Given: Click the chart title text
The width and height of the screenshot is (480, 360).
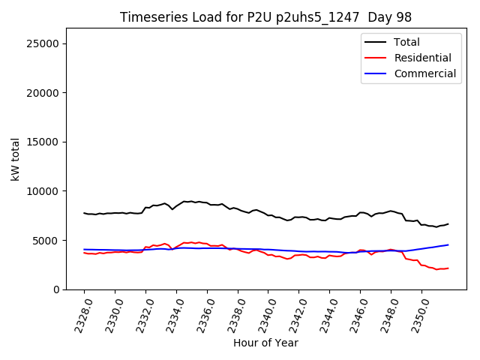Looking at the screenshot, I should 265,17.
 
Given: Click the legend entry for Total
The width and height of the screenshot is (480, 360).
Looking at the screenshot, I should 406,42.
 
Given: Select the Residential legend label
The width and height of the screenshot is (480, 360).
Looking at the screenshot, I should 422,58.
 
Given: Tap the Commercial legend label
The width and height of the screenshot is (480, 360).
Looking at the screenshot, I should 424,73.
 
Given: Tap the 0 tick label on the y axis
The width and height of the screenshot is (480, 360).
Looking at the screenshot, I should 57,289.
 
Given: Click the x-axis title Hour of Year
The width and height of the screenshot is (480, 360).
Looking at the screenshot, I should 265,343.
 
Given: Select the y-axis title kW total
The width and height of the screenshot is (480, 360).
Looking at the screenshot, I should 15,159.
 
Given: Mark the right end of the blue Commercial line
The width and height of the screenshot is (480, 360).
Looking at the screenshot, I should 448,244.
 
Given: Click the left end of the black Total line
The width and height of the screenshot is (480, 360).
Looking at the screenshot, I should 84,213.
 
